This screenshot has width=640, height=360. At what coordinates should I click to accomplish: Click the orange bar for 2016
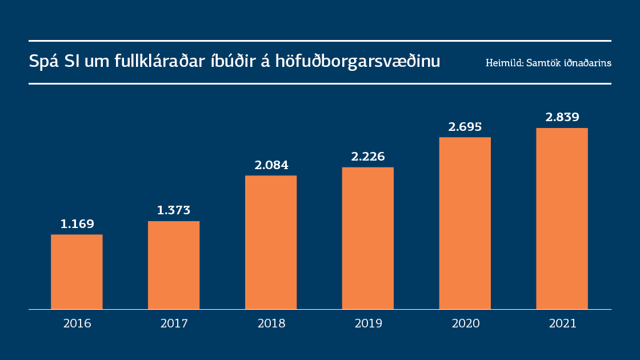[77, 272]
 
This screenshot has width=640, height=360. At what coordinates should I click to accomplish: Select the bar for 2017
[174, 265]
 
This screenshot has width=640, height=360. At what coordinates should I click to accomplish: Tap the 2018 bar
[271, 242]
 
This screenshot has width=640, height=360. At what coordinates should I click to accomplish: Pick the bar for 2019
[368, 238]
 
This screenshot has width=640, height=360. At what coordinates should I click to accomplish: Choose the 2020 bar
[465, 223]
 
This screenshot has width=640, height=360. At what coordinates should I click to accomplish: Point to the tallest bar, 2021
[562, 219]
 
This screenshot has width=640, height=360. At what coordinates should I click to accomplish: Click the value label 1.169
[77, 224]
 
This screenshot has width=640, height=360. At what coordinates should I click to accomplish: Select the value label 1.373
[174, 210]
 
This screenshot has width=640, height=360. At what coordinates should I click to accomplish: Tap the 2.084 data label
[271, 165]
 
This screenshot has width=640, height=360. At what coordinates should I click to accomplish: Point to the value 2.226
[368, 157]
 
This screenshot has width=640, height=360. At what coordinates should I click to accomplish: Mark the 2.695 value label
[465, 127]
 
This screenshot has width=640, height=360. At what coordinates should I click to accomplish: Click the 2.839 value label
[562, 117]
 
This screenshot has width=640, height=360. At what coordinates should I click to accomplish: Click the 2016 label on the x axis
[77, 323]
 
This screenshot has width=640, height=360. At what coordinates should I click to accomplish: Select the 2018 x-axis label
[271, 323]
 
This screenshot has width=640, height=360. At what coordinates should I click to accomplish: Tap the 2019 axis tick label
[369, 323]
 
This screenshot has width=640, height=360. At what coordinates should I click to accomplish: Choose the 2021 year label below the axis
[563, 323]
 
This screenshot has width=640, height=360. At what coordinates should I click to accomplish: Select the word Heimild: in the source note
[503, 63]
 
